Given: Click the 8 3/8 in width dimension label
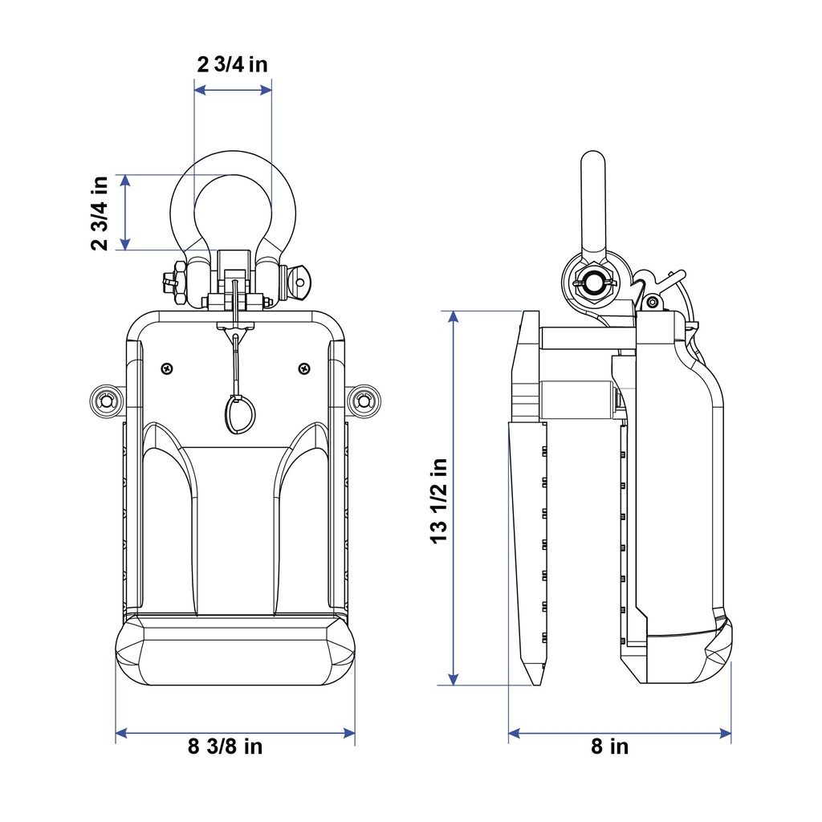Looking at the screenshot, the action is click(225, 746).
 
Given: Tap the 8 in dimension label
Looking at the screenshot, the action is click(610, 746).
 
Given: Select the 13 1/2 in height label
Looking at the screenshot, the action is click(439, 501).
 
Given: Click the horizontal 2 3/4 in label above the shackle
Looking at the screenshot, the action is click(232, 64).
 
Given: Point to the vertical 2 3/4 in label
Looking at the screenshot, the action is click(100, 214).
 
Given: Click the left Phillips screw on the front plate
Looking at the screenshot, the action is click(167, 368).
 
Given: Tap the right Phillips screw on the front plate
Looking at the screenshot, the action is click(304, 368).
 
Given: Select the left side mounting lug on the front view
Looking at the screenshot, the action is click(107, 401).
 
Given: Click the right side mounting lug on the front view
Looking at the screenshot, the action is click(363, 401).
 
